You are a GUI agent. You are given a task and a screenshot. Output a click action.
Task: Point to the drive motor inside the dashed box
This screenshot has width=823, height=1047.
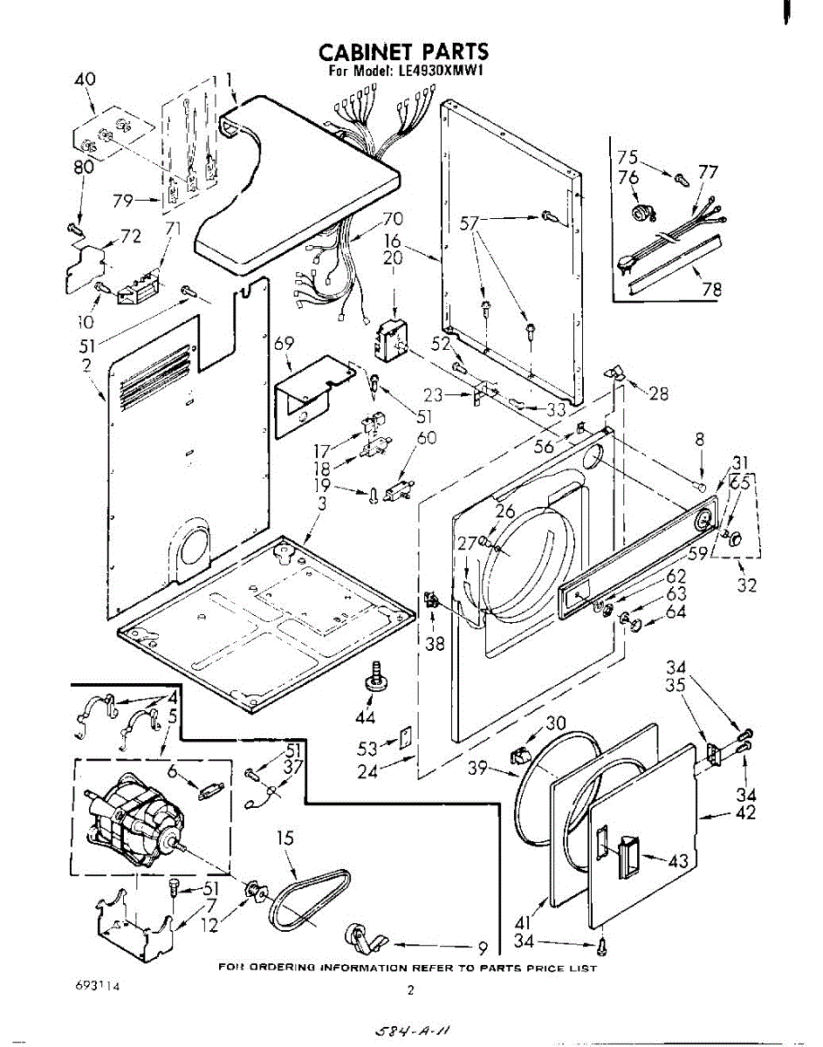(x=135, y=820)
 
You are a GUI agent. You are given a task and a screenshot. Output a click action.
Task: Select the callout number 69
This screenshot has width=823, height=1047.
(x=284, y=344)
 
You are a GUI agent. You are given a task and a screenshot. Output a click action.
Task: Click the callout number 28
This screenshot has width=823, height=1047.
(x=658, y=393)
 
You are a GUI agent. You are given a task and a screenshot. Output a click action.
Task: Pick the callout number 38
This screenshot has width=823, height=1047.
(x=434, y=645)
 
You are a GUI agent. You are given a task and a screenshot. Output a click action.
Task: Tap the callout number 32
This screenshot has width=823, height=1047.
(x=746, y=585)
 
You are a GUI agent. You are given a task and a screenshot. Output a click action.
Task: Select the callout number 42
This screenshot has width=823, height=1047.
(x=745, y=814)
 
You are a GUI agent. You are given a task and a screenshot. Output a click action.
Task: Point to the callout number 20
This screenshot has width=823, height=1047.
(x=393, y=258)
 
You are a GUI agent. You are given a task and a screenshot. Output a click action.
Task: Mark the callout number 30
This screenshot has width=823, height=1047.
(x=555, y=723)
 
